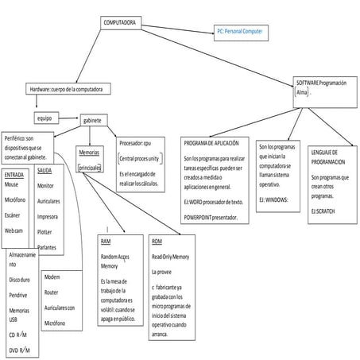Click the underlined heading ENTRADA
tap(14, 172)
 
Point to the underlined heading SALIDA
tap(45, 170)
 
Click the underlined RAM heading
tap(106, 241)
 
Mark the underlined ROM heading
tap(157, 241)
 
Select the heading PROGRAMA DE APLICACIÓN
tap(211, 143)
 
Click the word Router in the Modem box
tap(53, 292)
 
